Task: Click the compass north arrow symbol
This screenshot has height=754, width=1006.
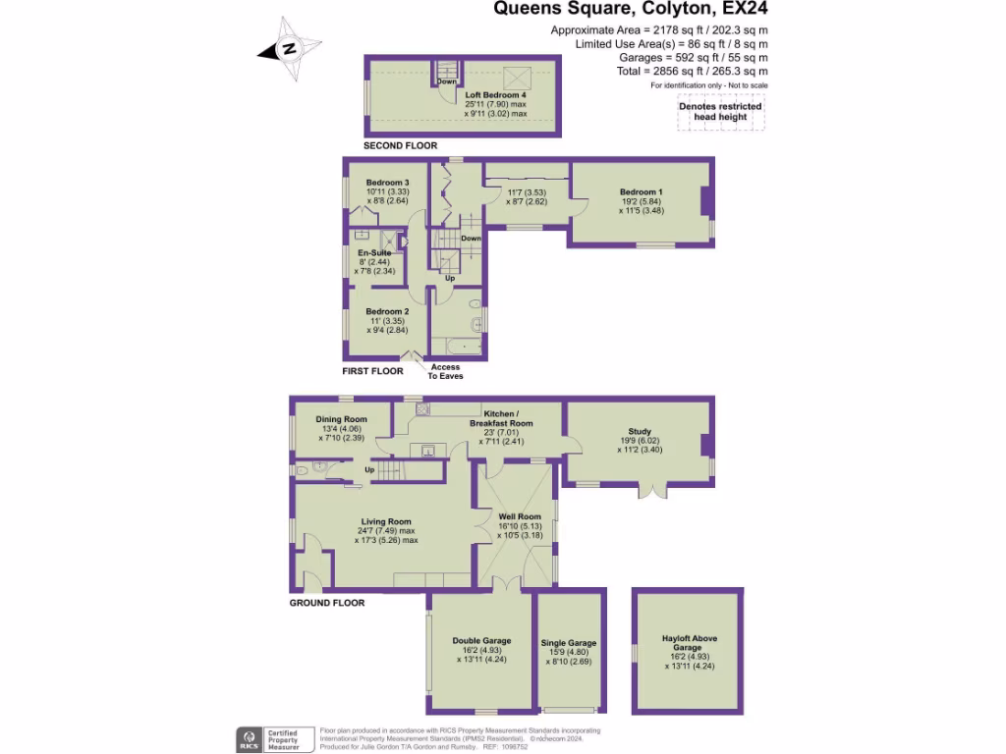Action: click(287, 47)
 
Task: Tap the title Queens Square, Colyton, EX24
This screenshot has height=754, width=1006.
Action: click(630, 11)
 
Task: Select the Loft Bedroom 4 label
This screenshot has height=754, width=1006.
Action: click(495, 95)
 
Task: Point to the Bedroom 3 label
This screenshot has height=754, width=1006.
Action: click(387, 183)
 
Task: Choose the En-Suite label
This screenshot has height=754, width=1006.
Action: click(374, 253)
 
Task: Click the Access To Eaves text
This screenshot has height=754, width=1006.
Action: click(444, 371)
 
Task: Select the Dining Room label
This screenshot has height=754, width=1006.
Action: click(341, 419)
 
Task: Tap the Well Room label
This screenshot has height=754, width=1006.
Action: click(520, 516)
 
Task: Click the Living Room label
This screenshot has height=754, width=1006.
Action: click(386, 522)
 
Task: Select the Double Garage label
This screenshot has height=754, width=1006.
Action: click(480, 641)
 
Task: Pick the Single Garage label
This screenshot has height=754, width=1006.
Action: click(569, 643)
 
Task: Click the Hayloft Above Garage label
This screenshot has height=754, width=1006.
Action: click(689, 643)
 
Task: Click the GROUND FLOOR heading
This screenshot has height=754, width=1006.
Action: click(327, 603)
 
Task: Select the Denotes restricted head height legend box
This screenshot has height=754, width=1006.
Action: click(720, 112)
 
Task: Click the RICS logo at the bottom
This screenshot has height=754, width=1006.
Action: click(248, 738)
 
